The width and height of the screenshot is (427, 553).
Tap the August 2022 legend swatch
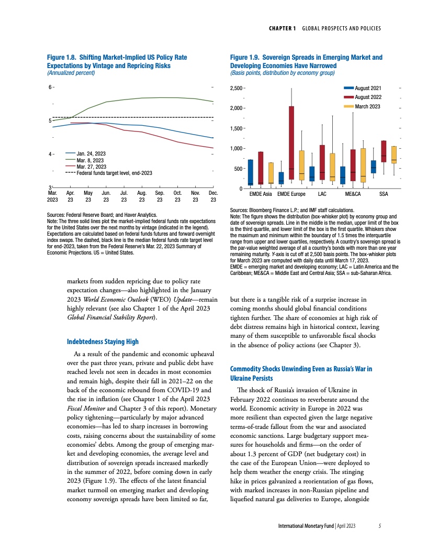click(349, 97)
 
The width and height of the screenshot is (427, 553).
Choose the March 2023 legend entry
click(367, 107)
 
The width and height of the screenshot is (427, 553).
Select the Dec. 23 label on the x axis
click(213, 196)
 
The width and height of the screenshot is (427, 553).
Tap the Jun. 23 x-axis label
click(106, 196)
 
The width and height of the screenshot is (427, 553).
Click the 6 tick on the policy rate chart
click(51, 87)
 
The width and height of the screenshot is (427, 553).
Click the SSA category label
click(384, 194)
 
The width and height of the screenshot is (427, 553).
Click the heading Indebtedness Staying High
click(103, 341)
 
